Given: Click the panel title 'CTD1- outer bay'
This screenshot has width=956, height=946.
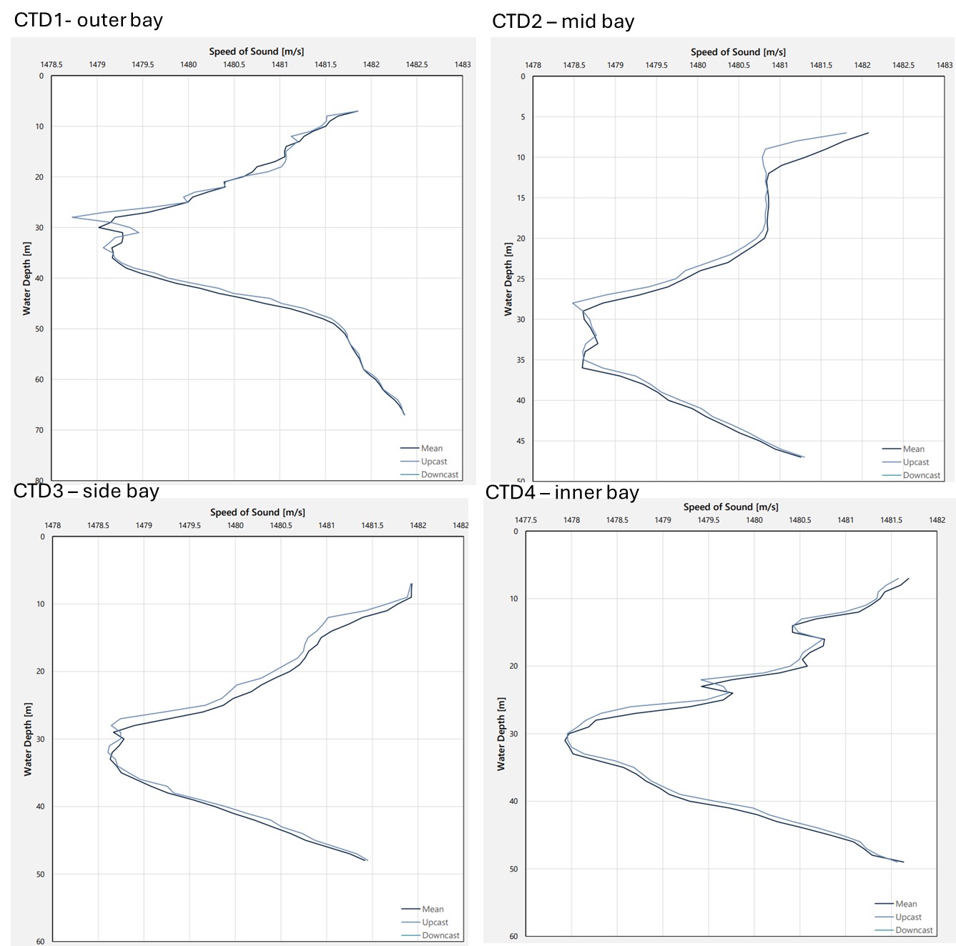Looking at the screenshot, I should (88, 20).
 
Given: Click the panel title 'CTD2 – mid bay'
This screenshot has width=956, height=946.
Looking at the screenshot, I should (563, 21).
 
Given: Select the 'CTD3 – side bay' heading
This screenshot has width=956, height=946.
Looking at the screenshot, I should (86, 491).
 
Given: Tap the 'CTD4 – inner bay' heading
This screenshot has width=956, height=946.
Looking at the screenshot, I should (562, 492).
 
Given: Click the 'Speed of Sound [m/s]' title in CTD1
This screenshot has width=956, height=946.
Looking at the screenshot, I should (256, 51).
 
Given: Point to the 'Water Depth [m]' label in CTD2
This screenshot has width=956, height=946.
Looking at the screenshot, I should (508, 279).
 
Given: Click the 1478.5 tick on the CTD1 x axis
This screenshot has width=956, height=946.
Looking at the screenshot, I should (51, 64).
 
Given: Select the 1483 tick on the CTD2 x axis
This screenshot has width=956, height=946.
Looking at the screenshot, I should (944, 65).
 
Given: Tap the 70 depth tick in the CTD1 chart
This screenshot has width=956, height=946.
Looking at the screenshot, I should (39, 430).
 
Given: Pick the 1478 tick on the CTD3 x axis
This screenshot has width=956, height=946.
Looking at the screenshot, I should (52, 525).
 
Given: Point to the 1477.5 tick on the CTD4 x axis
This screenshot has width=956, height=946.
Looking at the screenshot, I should (526, 520).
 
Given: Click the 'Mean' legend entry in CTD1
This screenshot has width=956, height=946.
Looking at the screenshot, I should (431, 449).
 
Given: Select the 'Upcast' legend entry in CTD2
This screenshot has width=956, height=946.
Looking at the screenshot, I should (915, 462).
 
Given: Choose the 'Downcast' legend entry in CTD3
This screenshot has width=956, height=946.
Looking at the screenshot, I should (440, 935).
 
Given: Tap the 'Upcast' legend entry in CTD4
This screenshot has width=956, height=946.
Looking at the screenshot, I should (908, 917).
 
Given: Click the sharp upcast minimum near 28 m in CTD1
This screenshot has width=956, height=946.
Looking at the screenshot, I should (72, 216).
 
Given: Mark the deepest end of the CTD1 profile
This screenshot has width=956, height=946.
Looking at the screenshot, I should (404, 414).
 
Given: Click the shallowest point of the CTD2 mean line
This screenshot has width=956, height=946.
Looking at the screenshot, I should (868, 133).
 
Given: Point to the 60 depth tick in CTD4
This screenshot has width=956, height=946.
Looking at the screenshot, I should (513, 936).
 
